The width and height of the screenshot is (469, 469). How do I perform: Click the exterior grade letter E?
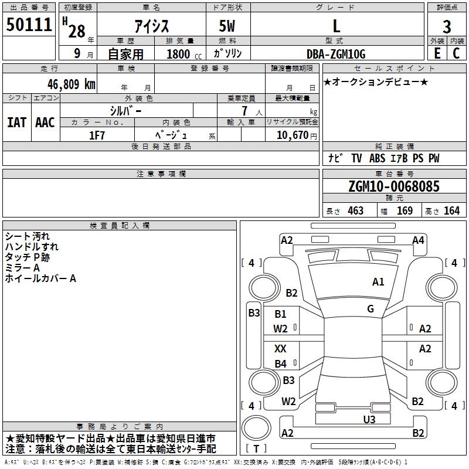tap(436, 53)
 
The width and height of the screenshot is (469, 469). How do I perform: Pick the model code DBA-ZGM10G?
tap(336, 54)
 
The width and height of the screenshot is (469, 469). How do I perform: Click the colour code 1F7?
tap(97, 134)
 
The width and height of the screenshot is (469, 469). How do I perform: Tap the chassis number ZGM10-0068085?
tap(393, 186)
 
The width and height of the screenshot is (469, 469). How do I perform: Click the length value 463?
tap(355, 211)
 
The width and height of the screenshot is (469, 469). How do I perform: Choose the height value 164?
tap(451, 211)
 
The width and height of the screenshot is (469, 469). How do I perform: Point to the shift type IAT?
tap(16, 123)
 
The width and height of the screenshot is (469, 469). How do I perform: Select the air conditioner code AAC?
tap(45, 123)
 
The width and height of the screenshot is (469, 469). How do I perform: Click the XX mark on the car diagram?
tap(281, 349)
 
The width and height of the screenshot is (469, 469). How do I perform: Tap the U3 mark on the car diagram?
tap(369, 419)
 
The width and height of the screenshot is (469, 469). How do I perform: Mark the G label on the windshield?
tap(371, 309)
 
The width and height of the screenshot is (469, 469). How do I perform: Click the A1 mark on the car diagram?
tap(378, 282)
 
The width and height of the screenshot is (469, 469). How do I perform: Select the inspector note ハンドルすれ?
tap(32, 247)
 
